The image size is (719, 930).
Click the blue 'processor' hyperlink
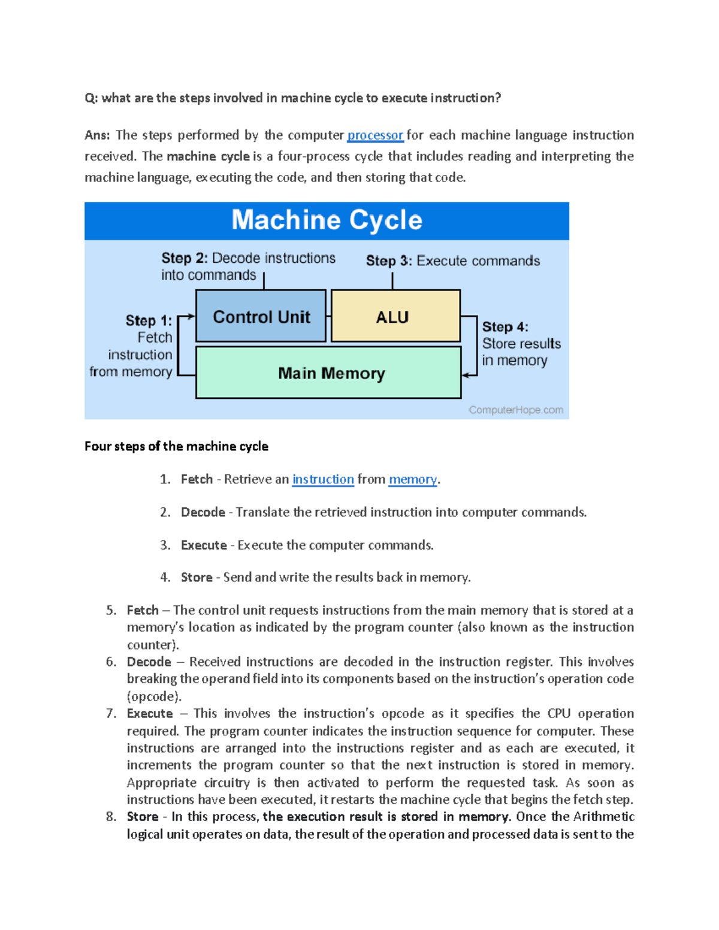point(375,135)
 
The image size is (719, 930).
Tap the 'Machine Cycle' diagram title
point(327,220)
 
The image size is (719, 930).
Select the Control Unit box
point(261,317)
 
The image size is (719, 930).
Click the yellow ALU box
point(395,317)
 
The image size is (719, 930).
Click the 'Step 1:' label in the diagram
point(148,321)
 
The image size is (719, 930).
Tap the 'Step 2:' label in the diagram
point(184,258)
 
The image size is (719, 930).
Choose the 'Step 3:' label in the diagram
point(389,261)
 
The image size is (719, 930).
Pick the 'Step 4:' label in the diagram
point(504,327)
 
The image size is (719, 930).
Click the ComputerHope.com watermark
point(516,410)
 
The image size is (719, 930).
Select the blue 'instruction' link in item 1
point(323,480)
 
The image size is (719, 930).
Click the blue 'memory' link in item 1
point(413,480)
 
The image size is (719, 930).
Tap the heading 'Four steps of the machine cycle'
point(176,447)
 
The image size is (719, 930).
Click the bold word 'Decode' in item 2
point(203,513)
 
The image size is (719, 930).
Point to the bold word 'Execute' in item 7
point(150,714)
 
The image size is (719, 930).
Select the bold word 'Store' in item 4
point(197,577)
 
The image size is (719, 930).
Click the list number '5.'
point(111,611)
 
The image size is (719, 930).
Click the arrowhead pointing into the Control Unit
point(192,316)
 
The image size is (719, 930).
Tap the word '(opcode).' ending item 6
point(154,697)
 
